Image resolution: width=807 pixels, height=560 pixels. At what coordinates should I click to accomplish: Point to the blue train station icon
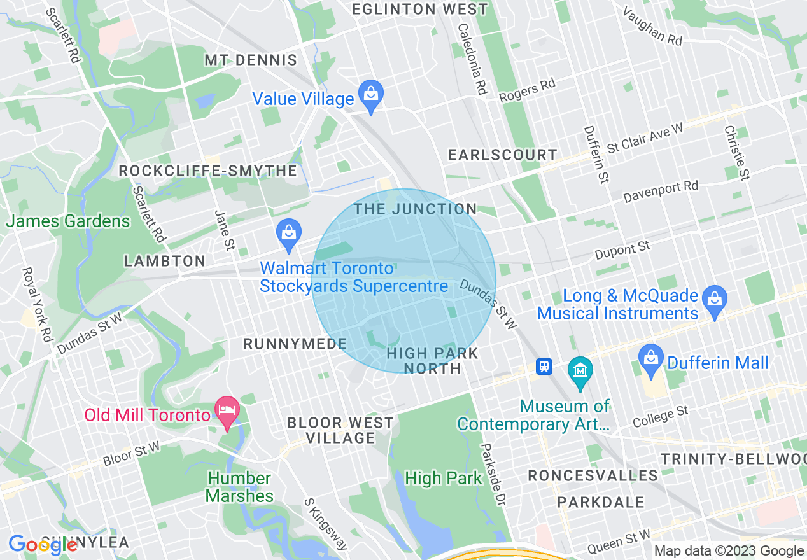pos(544,367)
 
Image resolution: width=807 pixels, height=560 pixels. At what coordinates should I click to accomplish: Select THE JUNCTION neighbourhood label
pos(415,209)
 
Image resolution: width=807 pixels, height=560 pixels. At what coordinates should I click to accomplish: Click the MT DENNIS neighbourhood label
pos(251,60)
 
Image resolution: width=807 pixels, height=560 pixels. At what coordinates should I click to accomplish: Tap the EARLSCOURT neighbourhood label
pos(502,155)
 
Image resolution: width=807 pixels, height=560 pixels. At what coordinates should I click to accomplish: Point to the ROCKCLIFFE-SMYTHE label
pos(208,171)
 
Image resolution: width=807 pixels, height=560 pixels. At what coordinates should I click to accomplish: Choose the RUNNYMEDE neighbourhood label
pos(295,344)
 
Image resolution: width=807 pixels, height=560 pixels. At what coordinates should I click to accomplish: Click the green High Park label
pos(443,479)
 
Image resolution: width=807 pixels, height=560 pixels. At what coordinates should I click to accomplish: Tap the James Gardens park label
pos(68,221)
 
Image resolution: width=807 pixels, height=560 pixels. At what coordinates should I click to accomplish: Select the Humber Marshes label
pos(240,487)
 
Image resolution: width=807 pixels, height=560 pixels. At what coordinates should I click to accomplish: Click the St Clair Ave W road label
pos(644,137)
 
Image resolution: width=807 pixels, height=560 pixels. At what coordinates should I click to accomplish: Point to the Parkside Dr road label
pos(493,475)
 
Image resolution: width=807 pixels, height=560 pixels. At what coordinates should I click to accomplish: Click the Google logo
pos(43,545)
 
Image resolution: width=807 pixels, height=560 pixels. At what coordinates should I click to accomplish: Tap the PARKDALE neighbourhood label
pos(601,502)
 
